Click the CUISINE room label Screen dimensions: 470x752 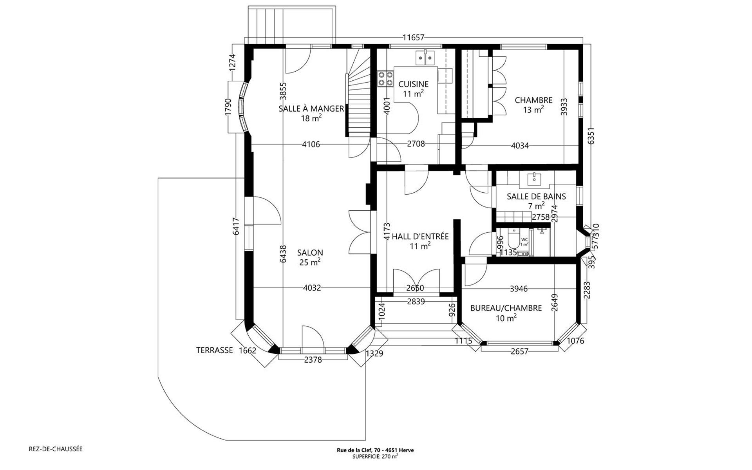point(413,84)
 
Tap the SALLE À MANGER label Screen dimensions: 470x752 point(311,108)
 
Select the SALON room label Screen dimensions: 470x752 point(310,253)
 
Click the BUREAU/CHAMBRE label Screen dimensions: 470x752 point(506,308)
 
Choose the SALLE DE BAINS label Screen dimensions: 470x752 point(536,196)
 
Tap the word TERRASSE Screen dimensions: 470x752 point(214,350)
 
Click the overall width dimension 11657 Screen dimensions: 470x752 point(414,38)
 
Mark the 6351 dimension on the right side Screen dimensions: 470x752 point(591,136)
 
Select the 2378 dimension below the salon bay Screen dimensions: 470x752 point(313,360)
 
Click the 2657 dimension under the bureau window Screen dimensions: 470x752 point(520,351)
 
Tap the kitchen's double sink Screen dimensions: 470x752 point(425,58)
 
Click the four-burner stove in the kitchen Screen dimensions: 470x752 point(385,78)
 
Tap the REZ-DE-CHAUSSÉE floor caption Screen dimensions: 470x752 point(56,449)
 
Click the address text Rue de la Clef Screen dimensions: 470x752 point(375,450)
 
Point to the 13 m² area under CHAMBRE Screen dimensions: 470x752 point(533,110)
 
